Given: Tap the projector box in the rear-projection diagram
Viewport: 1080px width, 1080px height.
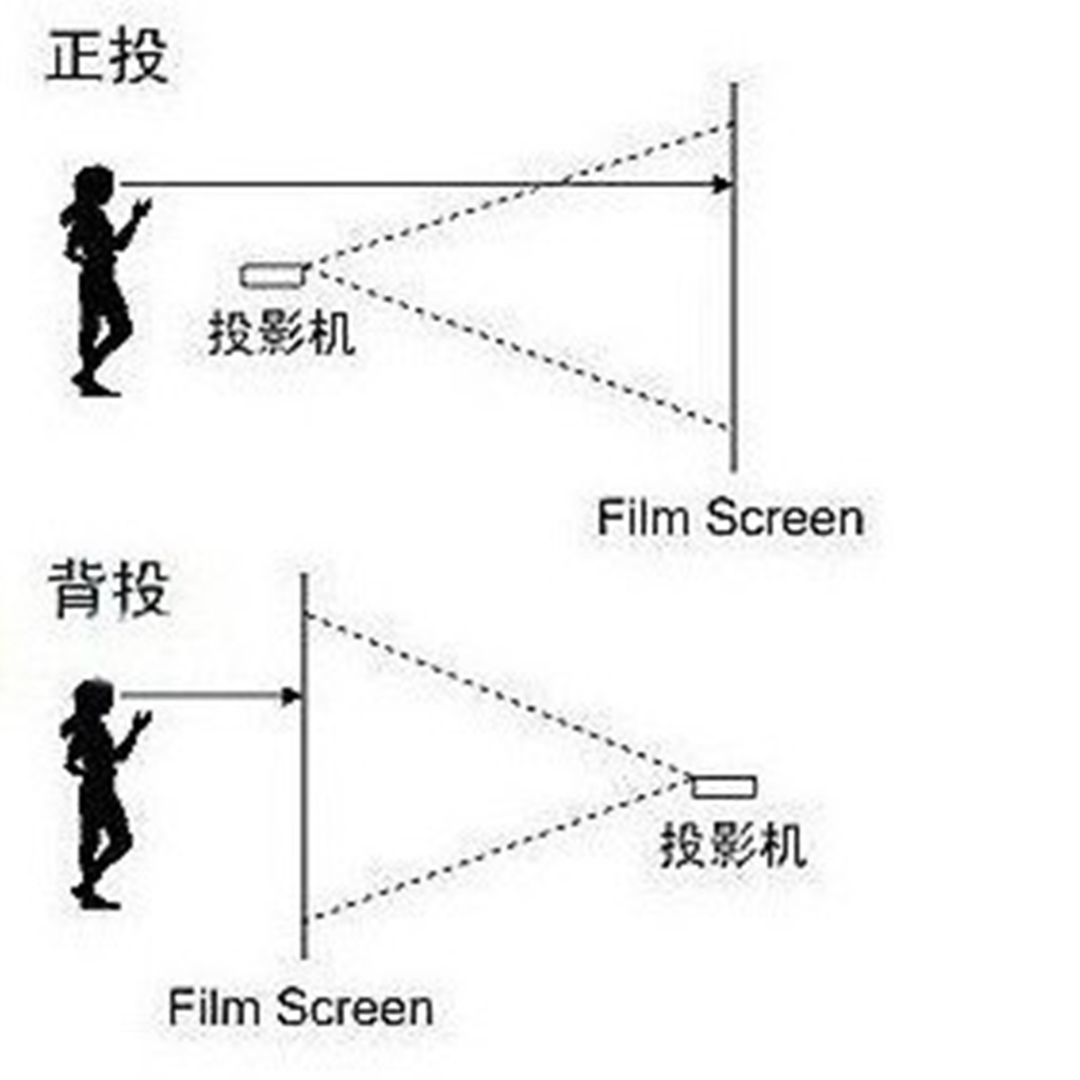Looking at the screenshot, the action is tap(724, 786).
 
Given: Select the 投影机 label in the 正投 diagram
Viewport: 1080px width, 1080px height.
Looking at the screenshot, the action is tap(282, 333).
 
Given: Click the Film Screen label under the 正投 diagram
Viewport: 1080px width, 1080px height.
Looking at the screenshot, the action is tap(729, 518).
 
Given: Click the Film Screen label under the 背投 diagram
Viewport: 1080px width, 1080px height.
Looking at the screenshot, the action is tap(300, 1007).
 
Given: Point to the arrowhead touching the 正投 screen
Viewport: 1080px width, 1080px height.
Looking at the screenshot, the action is tap(721, 185).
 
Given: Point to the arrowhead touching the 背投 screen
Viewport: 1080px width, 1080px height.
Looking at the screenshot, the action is tap(291, 696).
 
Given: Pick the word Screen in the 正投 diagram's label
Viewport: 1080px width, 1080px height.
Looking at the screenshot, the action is tap(784, 518).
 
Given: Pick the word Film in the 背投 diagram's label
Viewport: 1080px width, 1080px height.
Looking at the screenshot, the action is tap(212, 1007).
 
